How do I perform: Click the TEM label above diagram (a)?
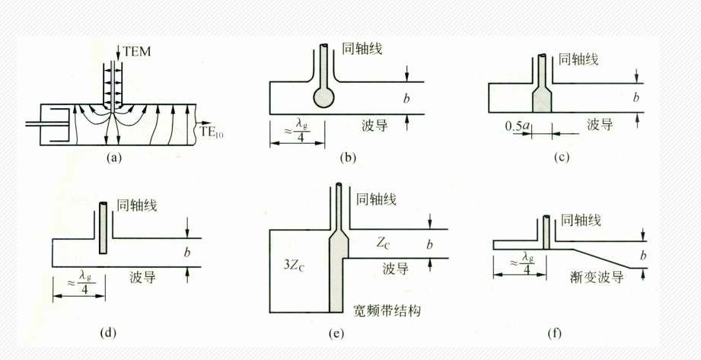coord(137,52)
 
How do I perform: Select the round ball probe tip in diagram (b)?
coord(323,97)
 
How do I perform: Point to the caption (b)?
coord(347,157)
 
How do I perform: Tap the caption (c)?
coord(561,157)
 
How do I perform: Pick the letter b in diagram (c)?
coord(636,97)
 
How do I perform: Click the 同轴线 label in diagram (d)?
coord(137,205)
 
